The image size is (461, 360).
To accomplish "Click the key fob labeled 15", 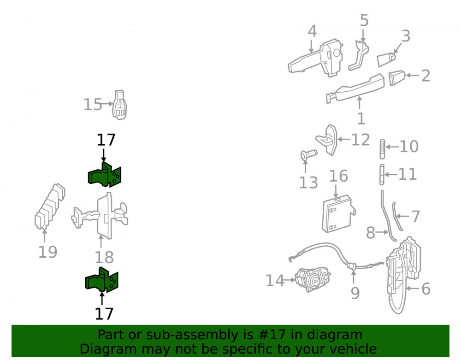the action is point(119,105).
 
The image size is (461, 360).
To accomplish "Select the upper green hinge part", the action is point(105,175).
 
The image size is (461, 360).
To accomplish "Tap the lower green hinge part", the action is point(102,280).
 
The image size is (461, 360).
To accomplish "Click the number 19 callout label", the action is point(47,252).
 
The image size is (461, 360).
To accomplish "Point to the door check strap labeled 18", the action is point(100,216).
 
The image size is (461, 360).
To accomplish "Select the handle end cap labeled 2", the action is point(396,77).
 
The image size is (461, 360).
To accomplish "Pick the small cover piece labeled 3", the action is point(386,59).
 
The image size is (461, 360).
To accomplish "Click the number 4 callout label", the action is point(312,31).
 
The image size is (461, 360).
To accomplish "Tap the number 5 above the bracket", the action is point(364,21).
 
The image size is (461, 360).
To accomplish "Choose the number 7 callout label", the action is point(415,217).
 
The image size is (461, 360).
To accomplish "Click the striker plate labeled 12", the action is point(327,140).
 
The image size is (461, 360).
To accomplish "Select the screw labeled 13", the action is point(308,154).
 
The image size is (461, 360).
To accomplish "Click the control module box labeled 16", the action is point(338,213).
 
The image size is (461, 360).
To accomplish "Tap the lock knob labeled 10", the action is point(382,149).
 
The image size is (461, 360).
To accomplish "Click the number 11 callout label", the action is point(408,174).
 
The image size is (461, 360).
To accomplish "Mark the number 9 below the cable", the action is point(355,293).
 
